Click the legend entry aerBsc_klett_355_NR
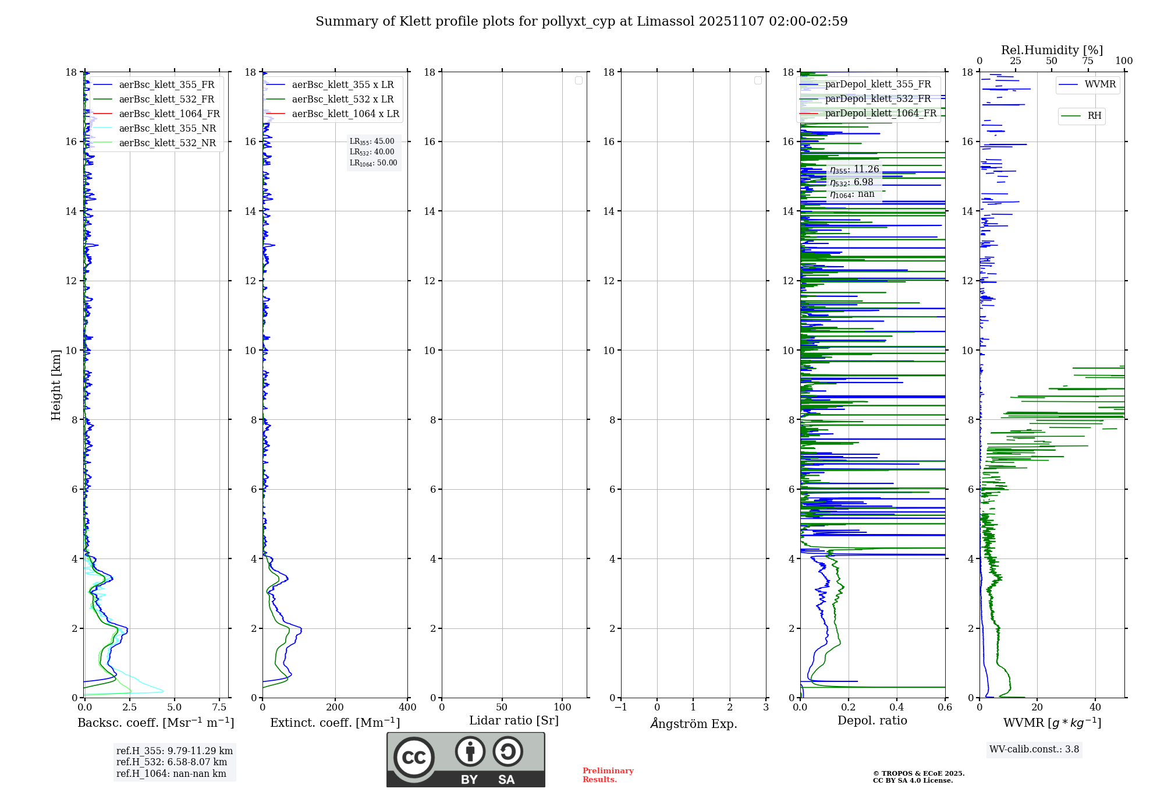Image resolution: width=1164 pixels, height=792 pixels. [167, 128]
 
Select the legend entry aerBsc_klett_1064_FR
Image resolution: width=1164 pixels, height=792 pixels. [169, 114]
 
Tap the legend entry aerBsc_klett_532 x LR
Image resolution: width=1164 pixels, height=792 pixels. [342, 99]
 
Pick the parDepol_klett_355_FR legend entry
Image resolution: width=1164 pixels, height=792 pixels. [878, 84]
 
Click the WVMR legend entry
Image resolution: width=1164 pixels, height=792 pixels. [1100, 84]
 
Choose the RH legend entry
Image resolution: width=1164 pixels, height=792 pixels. [1094, 116]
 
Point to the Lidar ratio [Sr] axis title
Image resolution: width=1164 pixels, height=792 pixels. [514, 720]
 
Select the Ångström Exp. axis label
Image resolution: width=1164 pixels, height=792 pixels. [693, 723]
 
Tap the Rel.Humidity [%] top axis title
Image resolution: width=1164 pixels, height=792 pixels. [1052, 50]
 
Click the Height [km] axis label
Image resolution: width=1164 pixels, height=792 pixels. [56, 384]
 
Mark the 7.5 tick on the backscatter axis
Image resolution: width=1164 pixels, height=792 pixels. [219, 708]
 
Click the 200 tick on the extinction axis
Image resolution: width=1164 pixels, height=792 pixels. [335, 708]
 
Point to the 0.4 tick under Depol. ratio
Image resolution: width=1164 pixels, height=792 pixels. [897, 708]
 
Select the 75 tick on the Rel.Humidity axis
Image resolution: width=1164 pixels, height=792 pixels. [1088, 61]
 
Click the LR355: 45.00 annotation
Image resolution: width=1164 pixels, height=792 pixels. [372, 142]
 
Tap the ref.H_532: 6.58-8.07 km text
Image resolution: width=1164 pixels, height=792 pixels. [172, 762]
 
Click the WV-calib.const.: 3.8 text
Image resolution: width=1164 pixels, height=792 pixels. [1034, 749]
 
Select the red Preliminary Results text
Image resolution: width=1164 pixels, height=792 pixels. [608, 775]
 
